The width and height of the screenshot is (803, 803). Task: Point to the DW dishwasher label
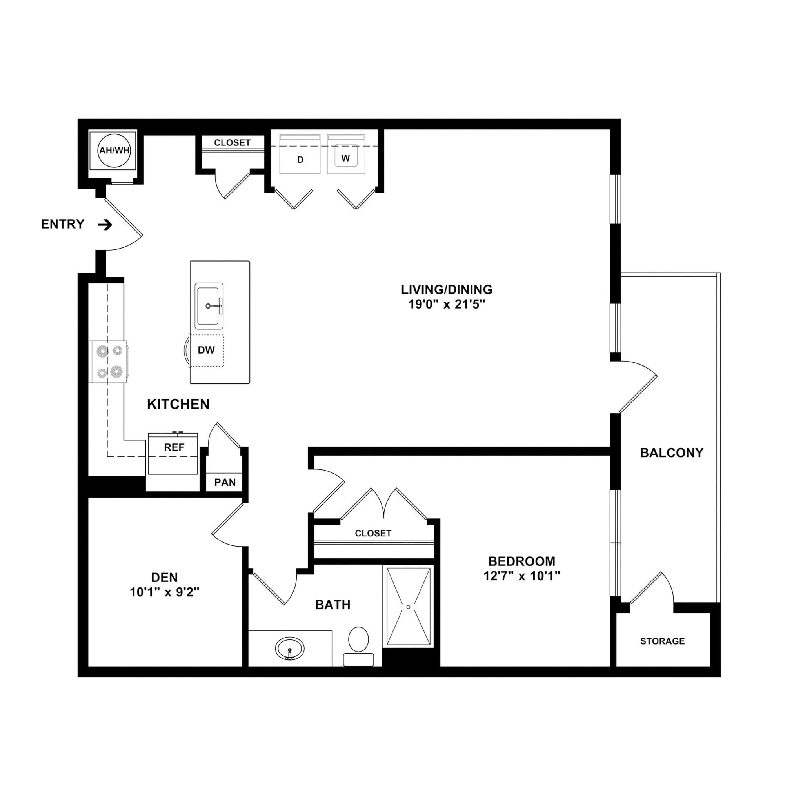[206, 351]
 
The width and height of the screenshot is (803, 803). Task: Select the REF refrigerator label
[174, 448]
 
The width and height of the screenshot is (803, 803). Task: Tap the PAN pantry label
[225, 483]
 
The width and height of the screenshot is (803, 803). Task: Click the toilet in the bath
[358, 644]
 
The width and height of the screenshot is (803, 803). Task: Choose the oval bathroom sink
[290, 649]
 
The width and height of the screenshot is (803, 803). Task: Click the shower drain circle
[409, 607]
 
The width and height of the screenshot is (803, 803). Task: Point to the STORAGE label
[662, 641]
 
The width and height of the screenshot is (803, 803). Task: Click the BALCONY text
[671, 453]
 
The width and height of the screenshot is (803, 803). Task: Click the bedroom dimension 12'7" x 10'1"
[521, 576]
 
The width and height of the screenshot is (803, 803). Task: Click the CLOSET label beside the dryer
[232, 143]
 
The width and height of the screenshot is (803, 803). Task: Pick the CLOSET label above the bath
[373, 533]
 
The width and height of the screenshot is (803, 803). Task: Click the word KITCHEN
[178, 404]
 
